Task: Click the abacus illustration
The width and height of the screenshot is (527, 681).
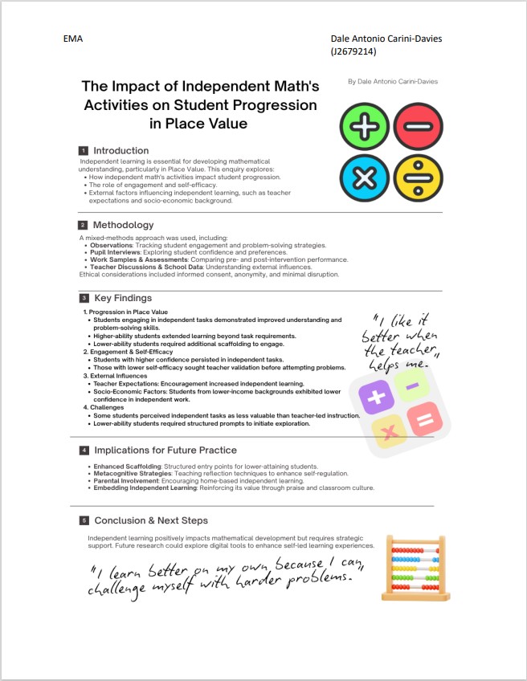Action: tap(414, 569)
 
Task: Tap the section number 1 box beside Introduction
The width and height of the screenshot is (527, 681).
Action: tap(83, 151)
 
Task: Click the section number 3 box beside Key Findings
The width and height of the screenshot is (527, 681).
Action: tap(83, 298)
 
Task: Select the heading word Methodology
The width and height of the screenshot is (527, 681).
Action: tap(123, 225)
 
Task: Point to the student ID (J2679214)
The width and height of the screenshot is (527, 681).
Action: tap(353, 52)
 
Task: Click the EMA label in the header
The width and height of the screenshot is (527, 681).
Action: tap(72, 39)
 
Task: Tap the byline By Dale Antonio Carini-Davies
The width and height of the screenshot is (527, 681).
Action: tap(393, 81)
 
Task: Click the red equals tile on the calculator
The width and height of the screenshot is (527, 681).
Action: tap(426, 418)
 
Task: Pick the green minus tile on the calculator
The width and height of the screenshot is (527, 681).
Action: tap(411, 386)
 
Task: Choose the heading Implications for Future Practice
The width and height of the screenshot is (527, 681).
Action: tap(165, 450)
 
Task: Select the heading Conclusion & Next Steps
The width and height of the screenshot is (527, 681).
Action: tap(150, 520)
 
